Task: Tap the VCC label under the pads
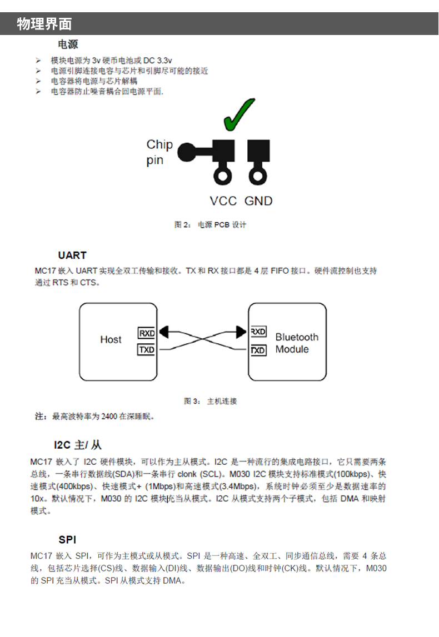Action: pos(223,201)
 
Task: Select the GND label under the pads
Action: pos(258,201)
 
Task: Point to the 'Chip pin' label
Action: pos(159,152)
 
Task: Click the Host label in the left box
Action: pos(111,339)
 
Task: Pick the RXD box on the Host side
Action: pos(147,333)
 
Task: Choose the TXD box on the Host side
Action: pos(147,350)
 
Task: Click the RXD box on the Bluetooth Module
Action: pos(258,332)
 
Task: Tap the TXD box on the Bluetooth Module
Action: pos(258,350)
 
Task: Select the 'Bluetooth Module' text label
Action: pos(296,343)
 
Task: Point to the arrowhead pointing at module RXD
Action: pos(241,332)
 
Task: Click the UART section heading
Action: pos(72,255)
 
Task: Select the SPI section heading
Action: pos(67,540)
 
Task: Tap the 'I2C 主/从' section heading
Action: pos(78,445)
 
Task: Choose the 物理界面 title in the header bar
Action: pos(44,24)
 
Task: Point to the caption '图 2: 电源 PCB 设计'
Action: pos(210,225)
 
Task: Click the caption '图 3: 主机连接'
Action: pos(210,401)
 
